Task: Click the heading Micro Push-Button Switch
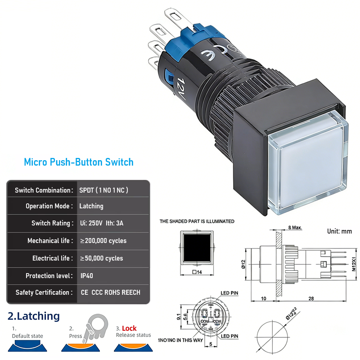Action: point(79,162)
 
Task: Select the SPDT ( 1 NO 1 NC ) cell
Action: point(104,190)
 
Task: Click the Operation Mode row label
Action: point(49,206)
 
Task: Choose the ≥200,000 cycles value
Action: point(103,241)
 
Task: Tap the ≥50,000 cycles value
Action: point(101,258)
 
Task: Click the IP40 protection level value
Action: point(86,275)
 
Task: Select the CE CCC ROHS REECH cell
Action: point(110,292)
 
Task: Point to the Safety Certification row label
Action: point(44,292)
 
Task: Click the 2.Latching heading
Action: point(34,316)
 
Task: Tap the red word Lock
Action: point(129,328)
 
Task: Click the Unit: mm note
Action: point(339,231)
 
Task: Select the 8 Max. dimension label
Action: point(295,228)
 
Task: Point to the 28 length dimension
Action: point(311,298)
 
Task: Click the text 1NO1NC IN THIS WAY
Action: point(181,340)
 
